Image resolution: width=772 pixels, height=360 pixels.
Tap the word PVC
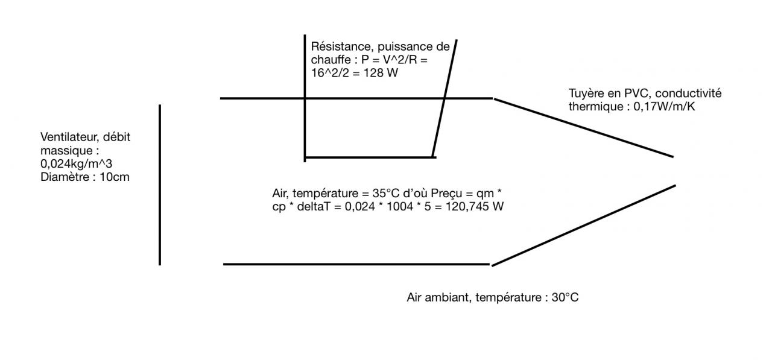[x=631, y=93]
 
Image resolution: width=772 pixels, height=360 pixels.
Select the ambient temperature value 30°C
[x=565, y=297]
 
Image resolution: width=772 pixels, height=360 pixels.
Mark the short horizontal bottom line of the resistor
[x=370, y=157]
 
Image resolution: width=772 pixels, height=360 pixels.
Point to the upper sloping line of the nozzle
[x=583, y=127]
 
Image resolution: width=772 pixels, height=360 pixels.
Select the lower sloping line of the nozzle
[x=583, y=224]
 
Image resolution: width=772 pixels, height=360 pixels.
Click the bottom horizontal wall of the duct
[x=356, y=264]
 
